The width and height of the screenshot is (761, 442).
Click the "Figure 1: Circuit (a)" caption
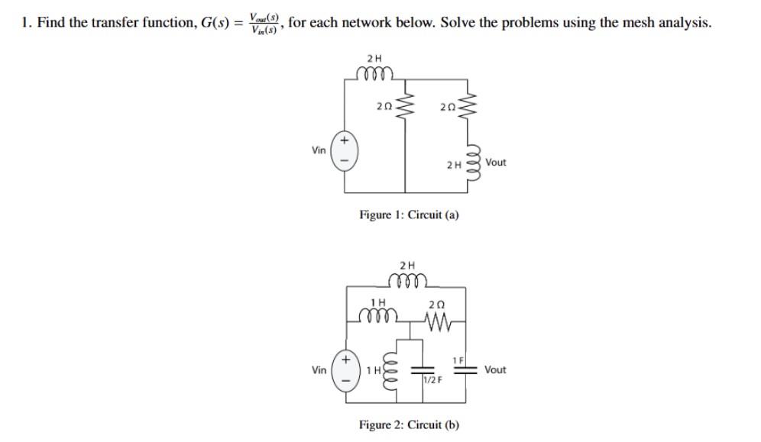409,215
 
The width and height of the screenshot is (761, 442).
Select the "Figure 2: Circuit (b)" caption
409,424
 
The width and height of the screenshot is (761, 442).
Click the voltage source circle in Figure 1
344,150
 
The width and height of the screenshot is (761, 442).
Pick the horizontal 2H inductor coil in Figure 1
374,73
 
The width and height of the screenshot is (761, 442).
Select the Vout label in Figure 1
496,163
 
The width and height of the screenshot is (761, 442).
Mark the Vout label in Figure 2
496,369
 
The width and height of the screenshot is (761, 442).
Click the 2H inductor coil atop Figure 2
409,280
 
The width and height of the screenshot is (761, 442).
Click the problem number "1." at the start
26,22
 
